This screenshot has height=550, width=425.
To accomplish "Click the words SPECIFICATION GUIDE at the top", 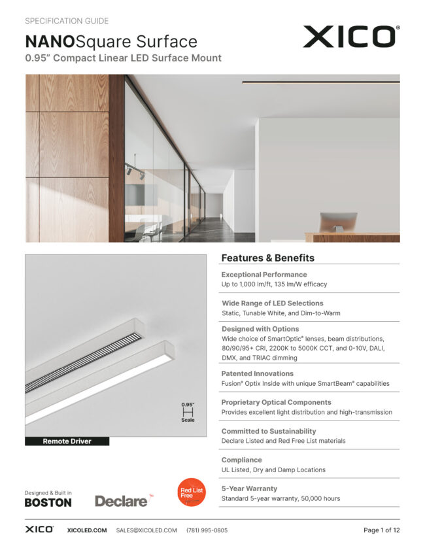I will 67,21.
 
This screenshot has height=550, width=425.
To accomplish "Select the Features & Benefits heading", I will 267,258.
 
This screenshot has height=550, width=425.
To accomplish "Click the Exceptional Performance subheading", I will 263,275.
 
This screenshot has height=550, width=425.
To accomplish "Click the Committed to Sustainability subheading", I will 268,431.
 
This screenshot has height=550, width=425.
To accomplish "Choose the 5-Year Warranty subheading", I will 249,489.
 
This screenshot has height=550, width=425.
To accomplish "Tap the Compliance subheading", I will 241,460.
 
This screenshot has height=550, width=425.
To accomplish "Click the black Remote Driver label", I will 67,441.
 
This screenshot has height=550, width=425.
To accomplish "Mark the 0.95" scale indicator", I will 188,412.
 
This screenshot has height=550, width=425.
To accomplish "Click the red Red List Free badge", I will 192,492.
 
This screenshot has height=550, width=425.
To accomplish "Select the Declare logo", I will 122,501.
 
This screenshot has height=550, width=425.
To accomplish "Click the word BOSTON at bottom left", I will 48,502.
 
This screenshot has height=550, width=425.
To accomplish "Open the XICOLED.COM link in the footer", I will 87,530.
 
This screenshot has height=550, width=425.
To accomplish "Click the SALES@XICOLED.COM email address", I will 146,530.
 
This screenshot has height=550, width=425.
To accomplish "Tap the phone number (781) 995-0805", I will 207,530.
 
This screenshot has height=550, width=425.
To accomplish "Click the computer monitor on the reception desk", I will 337,222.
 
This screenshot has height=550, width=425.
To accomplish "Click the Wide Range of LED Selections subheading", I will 272,303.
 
